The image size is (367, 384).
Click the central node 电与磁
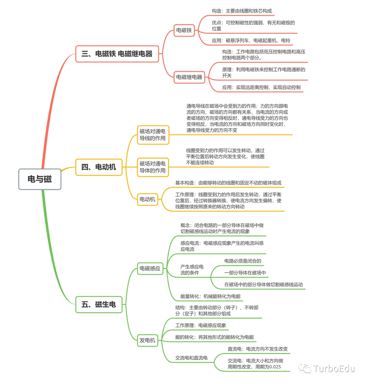pyautogui.click(x=40, y=179)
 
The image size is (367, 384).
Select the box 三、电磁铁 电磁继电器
pyautogui.click(x=117, y=54)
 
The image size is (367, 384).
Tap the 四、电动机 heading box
pyautogui.click(x=99, y=167)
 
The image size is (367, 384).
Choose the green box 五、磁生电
pyautogui.click(x=99, y=304)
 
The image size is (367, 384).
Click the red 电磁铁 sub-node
pyautogui.click(x=184, y=31)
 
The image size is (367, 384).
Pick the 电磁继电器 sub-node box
pyautogui.click(x=189, y=77)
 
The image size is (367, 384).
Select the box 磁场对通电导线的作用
pyautogui.click(x=153, y=135)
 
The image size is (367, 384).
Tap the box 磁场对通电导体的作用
pyautogui.click(x=153, y=167)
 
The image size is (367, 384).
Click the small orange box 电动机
pyautogui.click(x=147, y=199)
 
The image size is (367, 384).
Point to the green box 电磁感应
pyautogui.click(x=150, y=268)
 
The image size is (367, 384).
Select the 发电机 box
pyautogui.click(x=147, y=340)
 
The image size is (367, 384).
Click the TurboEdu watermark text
pyautogui.click(x=334, y=368)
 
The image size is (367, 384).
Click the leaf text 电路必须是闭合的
pyautogui.click(x=243, y=261)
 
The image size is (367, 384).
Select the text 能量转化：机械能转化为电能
pyautogui.click(x=210, y=296)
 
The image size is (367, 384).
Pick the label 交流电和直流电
pyautogui.click(x=191, y=358)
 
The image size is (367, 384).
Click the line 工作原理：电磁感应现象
pyautogui.click(x=201, y=325)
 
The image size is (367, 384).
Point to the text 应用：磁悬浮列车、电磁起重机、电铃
pyautogui.click(x=251, y=40)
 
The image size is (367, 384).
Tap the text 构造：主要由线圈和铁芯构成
pyautogui.click(x=242, y=11)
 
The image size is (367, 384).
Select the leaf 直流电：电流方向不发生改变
pyautogui.click(x=258, y=349)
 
